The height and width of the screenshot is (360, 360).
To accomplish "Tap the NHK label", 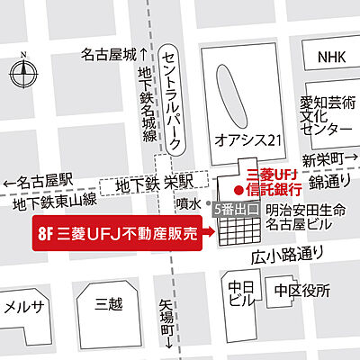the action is pyautogui.click(x=330, y=57).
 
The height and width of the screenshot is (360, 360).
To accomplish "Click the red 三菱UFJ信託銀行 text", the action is pyautogui.click(x=271, y=183).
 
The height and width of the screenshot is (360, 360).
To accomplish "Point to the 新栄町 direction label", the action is pyautogui.click(x=328, y=159).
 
